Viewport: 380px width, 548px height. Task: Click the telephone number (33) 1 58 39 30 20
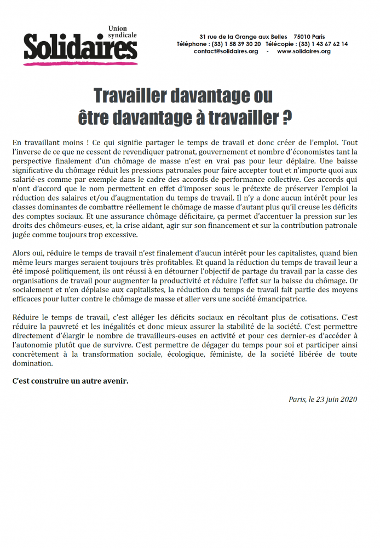[237, 44]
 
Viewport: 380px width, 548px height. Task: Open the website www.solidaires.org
[304, 52]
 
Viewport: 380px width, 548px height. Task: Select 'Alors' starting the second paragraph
[21, 254]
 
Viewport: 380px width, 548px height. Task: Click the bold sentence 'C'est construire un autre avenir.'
[70, 381]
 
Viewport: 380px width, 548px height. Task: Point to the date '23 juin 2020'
[333, 399]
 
